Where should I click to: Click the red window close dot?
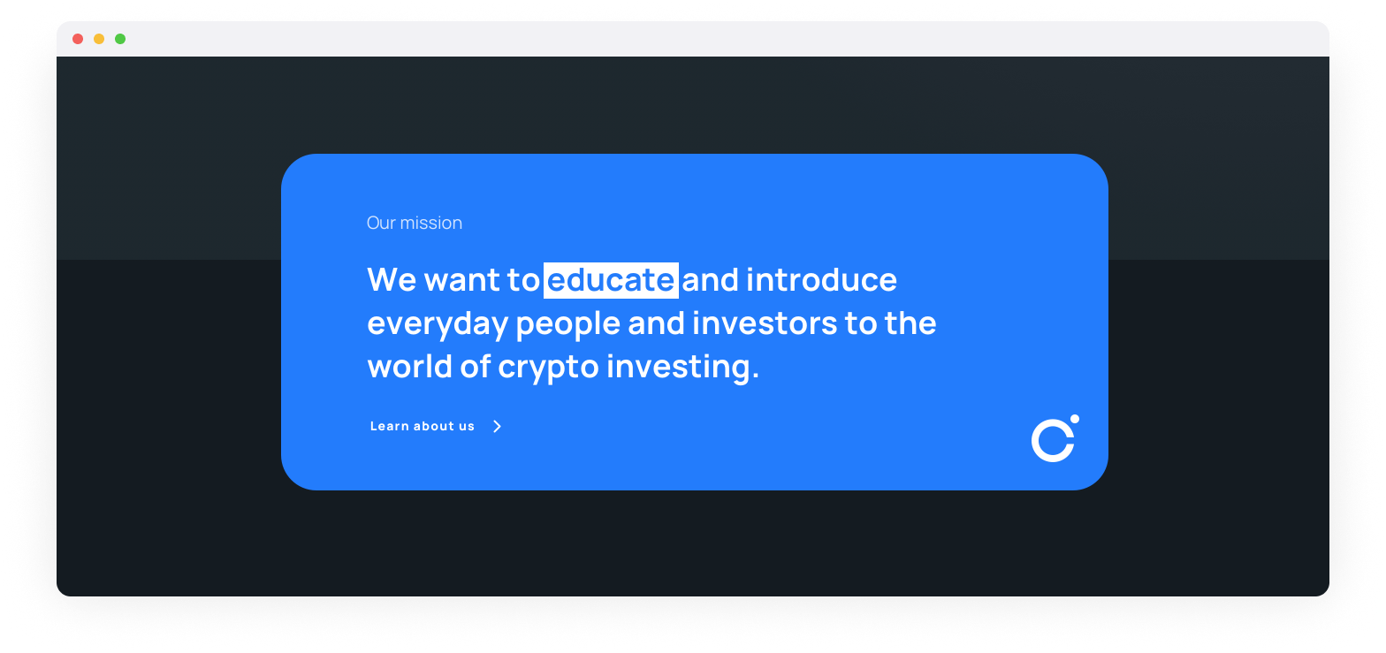78,39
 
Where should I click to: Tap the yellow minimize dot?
99,39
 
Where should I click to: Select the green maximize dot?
120,39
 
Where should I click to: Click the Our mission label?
414,224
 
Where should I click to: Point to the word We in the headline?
392,280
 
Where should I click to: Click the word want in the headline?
462,280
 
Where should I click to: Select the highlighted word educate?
611,280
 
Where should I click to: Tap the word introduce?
822,280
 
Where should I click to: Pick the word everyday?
438,324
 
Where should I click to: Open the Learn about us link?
423,427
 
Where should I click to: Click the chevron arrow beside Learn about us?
497,427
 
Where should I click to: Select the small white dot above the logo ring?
1074,419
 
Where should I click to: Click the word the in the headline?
910,323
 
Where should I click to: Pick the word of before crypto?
475,367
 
